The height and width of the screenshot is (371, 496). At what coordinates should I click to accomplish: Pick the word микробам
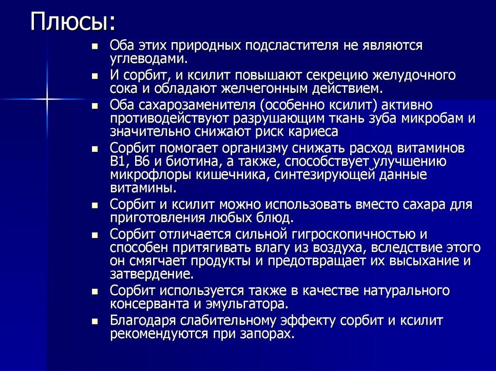423,119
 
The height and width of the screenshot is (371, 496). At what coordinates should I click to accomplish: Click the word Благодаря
143,321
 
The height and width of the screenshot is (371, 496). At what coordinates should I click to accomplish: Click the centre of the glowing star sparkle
47,99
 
